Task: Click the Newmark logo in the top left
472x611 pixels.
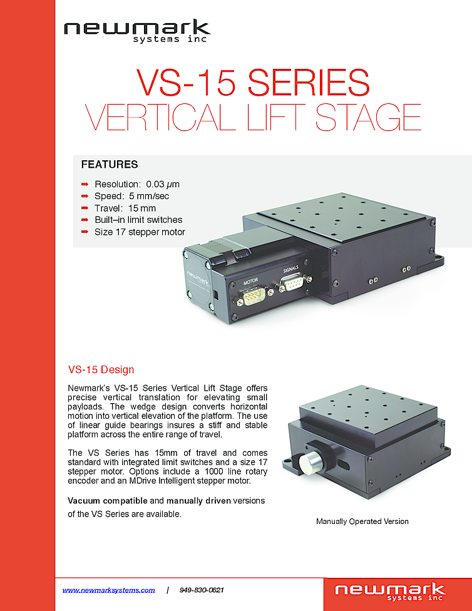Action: (136, 31)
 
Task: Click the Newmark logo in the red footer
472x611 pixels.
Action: (389, 592)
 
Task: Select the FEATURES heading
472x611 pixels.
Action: (110, 165)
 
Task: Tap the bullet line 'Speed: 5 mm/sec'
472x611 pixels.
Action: (131, 197)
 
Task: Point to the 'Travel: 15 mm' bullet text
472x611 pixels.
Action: (125, 208)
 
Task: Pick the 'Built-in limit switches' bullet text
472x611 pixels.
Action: (138, 220)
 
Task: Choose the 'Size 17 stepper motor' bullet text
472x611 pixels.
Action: (140, 232)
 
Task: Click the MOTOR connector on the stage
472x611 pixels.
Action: (252, 294)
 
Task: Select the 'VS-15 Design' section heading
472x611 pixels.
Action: (101, 369)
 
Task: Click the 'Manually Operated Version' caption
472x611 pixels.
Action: (362, 521)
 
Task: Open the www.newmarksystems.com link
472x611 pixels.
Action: (109, 590)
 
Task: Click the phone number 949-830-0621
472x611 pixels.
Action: (202, 590)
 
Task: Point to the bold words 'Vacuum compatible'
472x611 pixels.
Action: (108, 501)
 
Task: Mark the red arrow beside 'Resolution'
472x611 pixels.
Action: (85, 185)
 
